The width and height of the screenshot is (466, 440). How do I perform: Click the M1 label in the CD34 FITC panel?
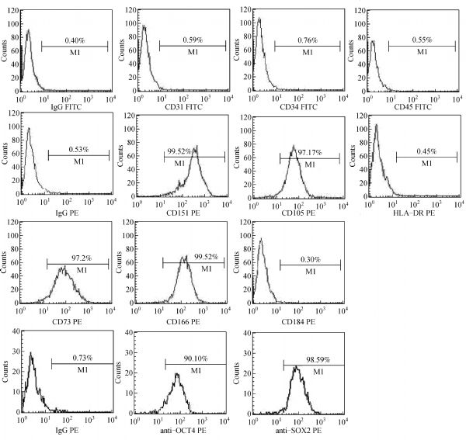click(308, 52)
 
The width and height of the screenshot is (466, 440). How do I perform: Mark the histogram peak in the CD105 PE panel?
click(293, 146)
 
